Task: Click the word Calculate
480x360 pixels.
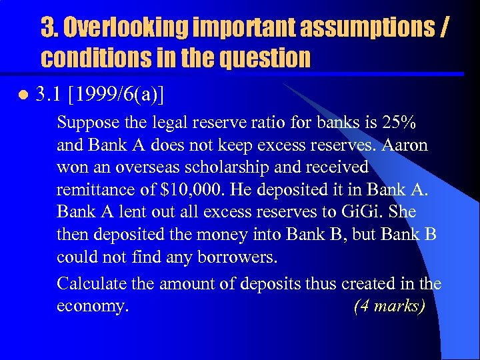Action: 89,283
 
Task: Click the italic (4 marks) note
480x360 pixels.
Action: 389,307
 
